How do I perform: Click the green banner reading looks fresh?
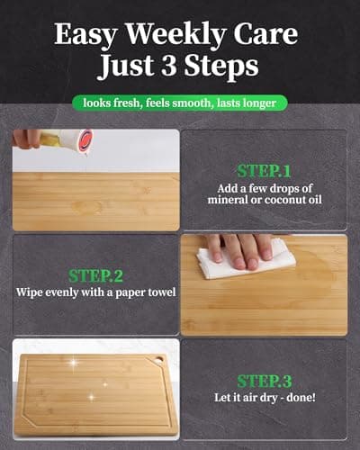180,103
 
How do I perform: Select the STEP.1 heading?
264,169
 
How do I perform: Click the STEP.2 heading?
95,274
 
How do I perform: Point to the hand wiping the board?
236,248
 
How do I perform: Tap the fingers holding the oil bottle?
29,137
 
